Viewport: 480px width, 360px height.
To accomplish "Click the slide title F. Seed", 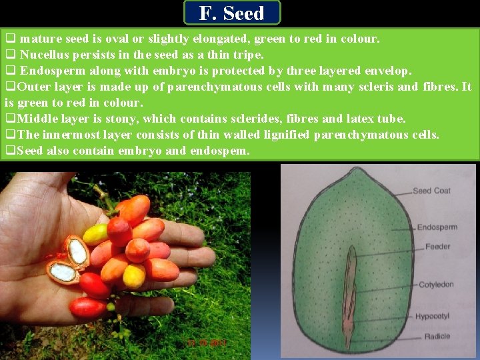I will [x=231, y=13].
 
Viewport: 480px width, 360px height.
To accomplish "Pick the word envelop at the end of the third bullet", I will [x=389, y=71].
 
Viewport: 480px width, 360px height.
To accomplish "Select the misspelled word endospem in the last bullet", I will [x=221, y=151].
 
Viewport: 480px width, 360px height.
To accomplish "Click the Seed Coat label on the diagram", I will [x=431, y=191].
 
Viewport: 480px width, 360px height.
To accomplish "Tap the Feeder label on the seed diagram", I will [x=438, y=247].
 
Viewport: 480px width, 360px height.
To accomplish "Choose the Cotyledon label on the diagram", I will [x=436, y=285].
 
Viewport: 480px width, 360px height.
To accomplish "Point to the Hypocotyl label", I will [x=433, y=316].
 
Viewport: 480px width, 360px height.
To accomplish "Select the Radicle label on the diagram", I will [x=437, y=337].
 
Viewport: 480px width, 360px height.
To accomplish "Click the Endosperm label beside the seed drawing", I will [x=437, y=227].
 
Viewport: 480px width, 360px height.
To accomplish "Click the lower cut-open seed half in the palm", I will [x=62, y=271].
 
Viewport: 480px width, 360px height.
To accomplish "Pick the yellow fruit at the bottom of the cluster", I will [x=134, y=276].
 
